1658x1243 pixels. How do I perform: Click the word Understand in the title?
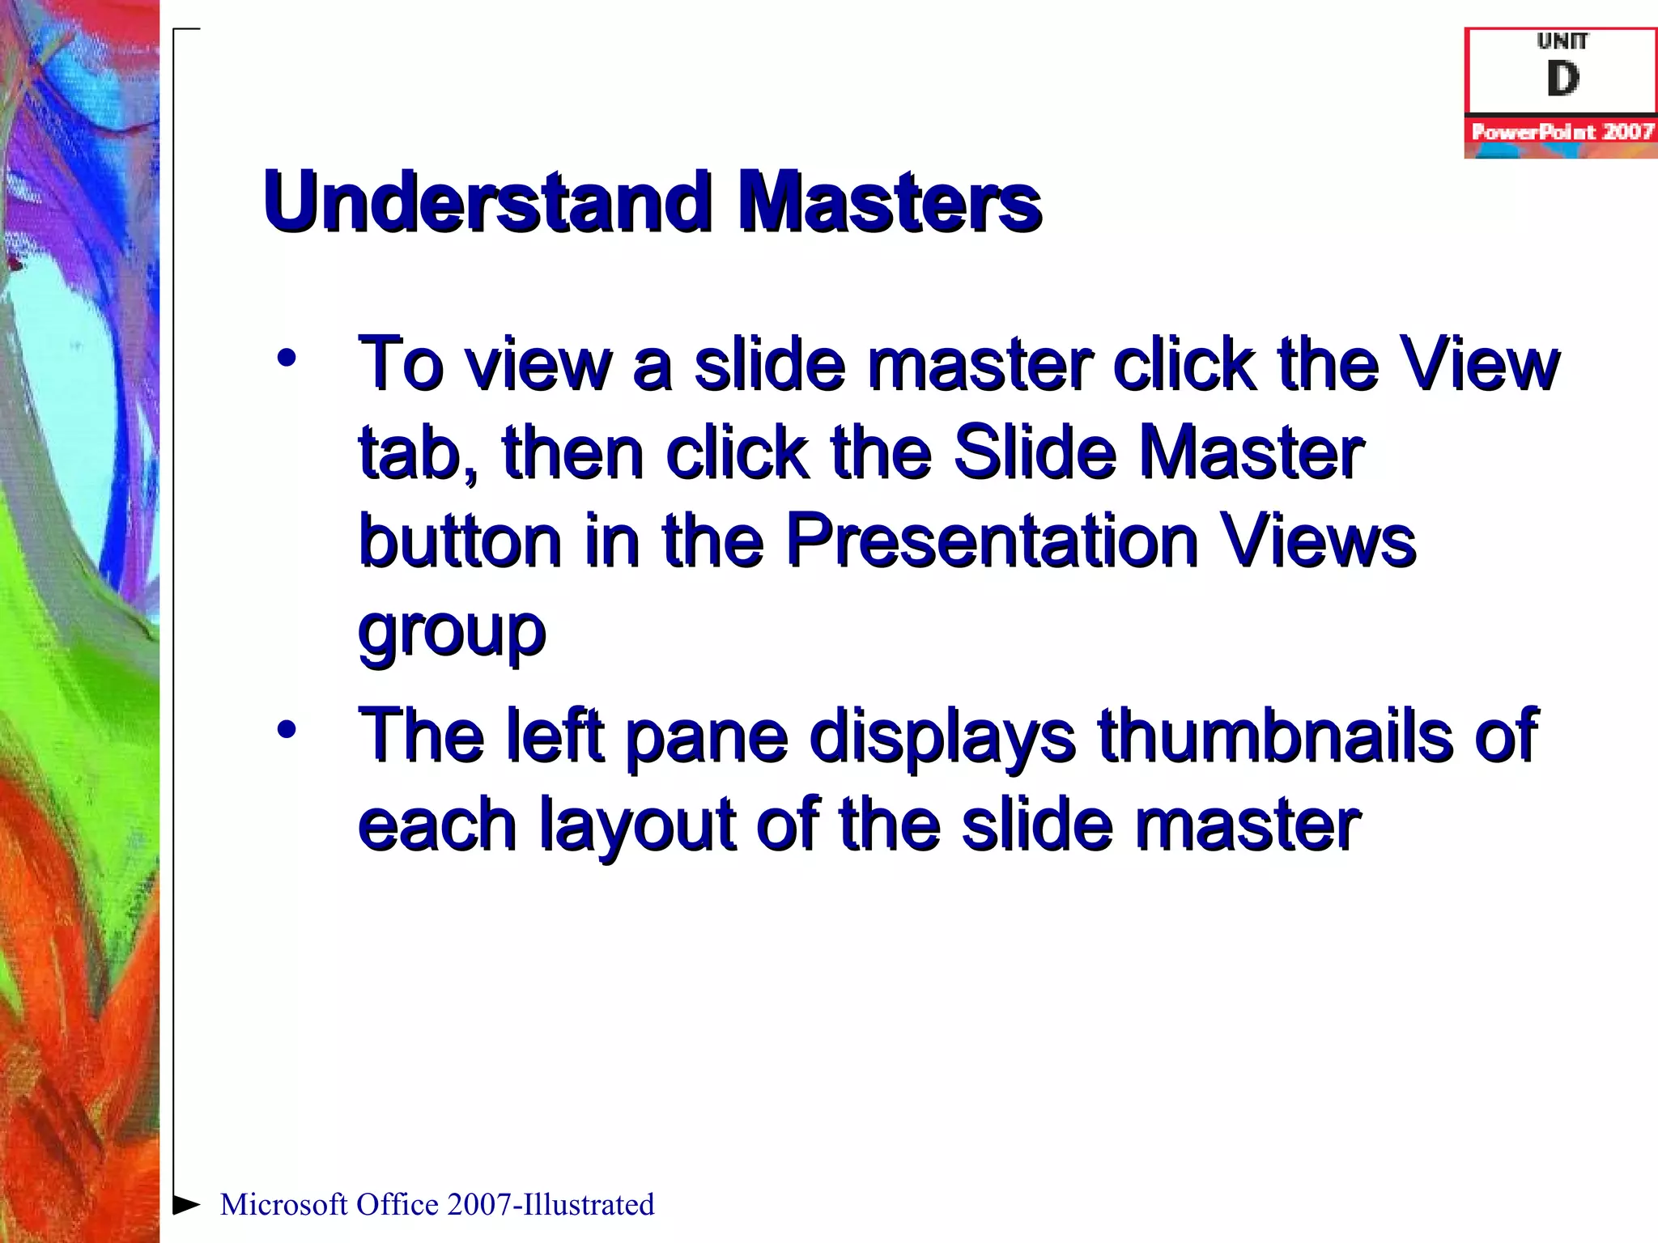487,202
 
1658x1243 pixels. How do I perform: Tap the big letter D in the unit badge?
1562,79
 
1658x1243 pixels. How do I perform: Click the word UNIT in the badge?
1562,41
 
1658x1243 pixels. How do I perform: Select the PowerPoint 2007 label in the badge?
1562,132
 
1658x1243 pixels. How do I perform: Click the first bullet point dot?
286,357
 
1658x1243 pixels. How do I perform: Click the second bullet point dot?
286,729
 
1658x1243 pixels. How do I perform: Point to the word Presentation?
992,541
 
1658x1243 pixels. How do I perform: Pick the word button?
459,541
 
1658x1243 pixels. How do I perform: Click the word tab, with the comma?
418,453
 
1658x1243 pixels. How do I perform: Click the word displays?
942,736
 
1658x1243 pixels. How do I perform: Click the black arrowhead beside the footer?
186,1204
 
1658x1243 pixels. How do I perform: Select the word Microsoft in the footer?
284,1204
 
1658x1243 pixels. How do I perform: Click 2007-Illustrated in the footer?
550,1204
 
